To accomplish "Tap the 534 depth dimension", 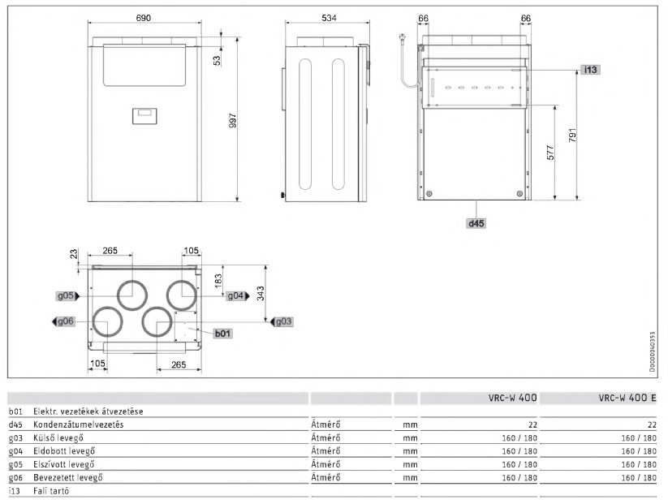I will pos(327,18).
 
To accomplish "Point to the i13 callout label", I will pos(591,70).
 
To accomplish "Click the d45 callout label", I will pos(475,221).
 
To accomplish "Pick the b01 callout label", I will pos(222,334).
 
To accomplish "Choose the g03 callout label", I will pos(283,321).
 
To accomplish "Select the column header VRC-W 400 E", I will pos(628,397).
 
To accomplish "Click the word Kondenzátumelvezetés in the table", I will pos(79,424).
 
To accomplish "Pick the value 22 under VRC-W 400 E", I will pos(652,424).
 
